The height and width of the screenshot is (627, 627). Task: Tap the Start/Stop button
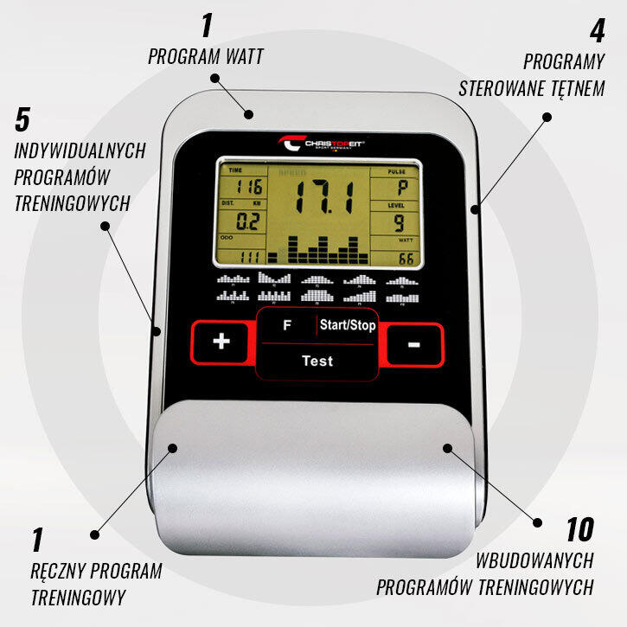click(x=347, y=326)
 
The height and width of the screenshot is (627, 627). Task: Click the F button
click(x=288, y=326)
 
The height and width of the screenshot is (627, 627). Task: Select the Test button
click(x=317, y=361)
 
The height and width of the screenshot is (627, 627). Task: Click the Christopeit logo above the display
click(x=321, y=143)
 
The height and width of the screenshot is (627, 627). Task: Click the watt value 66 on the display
click(x=405, y=259)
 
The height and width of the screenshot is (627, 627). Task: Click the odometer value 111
click(x=251, y=257)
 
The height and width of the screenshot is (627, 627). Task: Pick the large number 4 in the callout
click(x=596, y=32)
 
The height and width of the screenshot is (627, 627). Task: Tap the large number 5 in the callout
click(x=23, y=118)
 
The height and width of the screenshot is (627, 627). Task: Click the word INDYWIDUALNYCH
click(x=80, y=150)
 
